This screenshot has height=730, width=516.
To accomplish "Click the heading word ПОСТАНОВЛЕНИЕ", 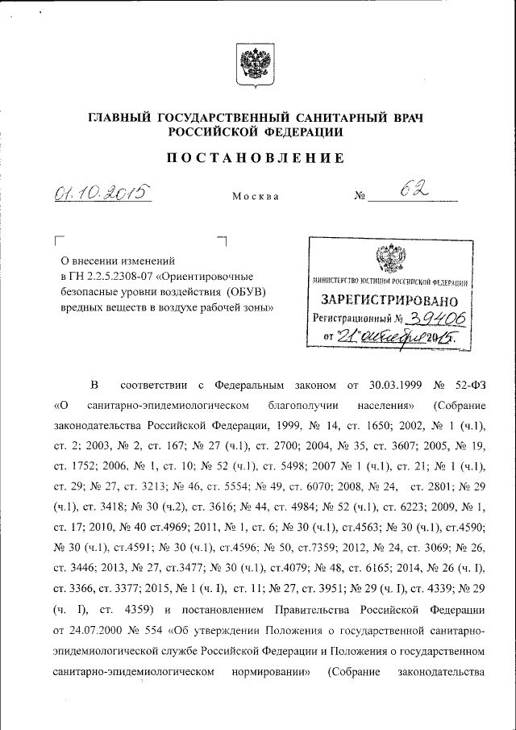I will tap(256, 159).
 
